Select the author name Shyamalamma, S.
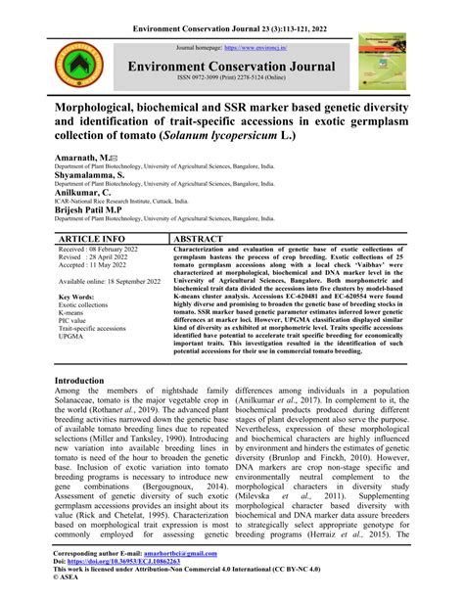pos(98,176)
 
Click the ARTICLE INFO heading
pos(93,237)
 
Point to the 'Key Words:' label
pos(80,297)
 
